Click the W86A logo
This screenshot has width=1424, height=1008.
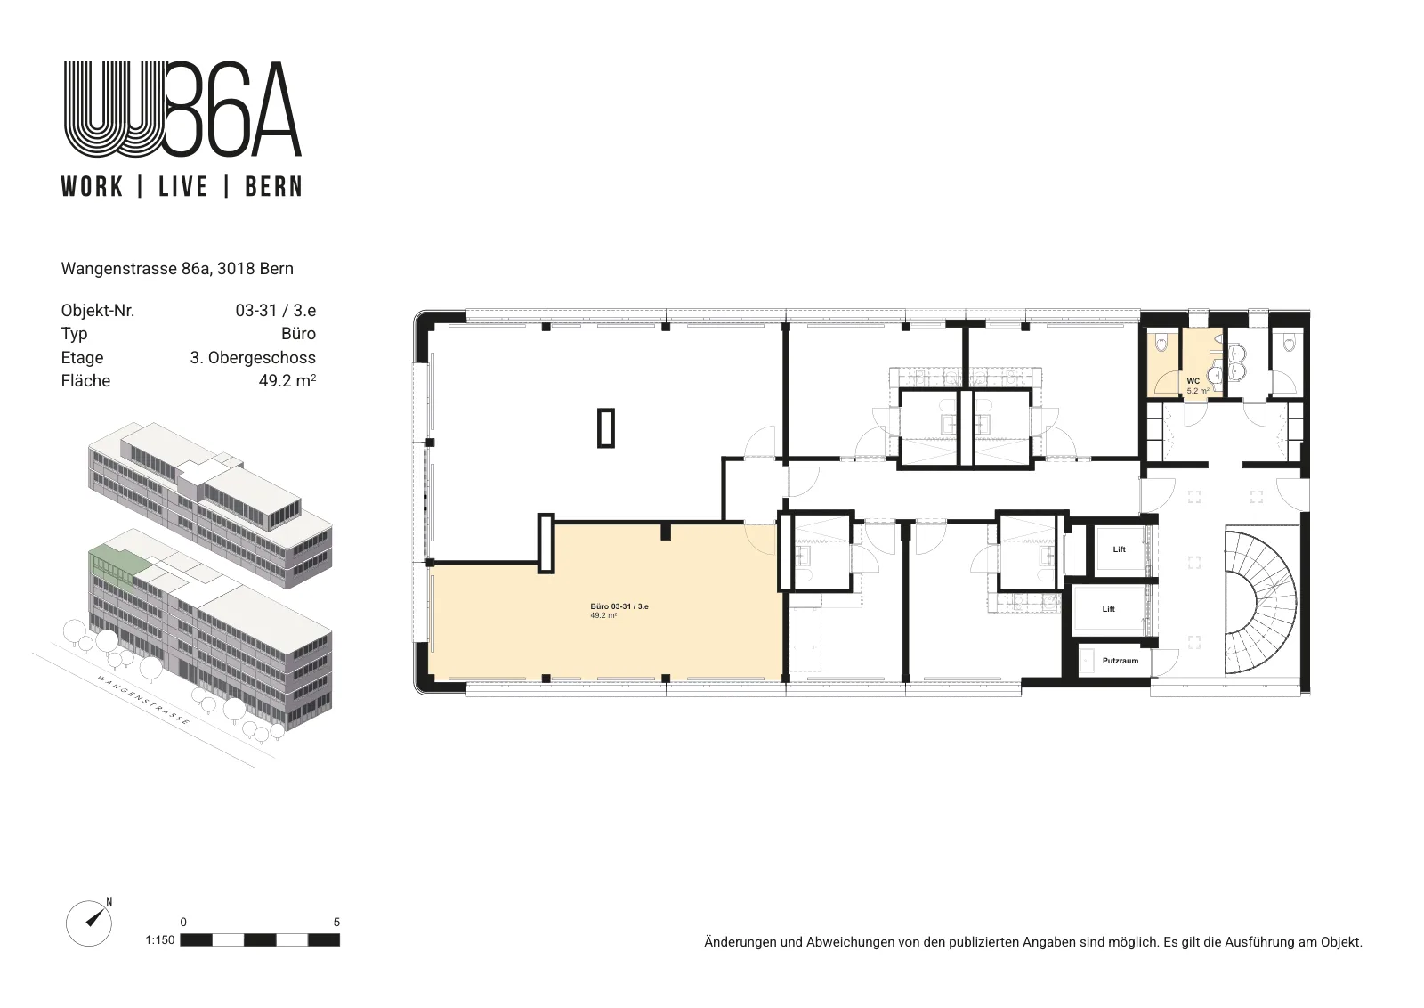point(182,109)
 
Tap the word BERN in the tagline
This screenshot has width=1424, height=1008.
point(273,187)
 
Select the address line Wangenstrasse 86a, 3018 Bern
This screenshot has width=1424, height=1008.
point(177,269)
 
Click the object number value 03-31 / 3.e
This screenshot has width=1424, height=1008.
point(276,311)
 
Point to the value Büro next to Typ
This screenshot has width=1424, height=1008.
point(298,334)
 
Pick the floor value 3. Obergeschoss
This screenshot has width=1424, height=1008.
point(253,357)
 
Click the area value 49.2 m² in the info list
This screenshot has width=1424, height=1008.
point(287,380)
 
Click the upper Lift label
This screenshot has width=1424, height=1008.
point(1120,549)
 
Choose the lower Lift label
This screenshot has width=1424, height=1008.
point(1109,609)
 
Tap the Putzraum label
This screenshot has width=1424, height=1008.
point(1121,661)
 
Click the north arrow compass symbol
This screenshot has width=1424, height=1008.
point(90,923)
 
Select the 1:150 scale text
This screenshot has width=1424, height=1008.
point(159,940)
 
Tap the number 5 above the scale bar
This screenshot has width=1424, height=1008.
point(337,923)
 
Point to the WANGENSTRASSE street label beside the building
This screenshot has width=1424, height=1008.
point(143,700)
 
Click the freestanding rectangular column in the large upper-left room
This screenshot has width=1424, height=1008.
point(606,428)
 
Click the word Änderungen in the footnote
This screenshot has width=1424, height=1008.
point(740,942)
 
